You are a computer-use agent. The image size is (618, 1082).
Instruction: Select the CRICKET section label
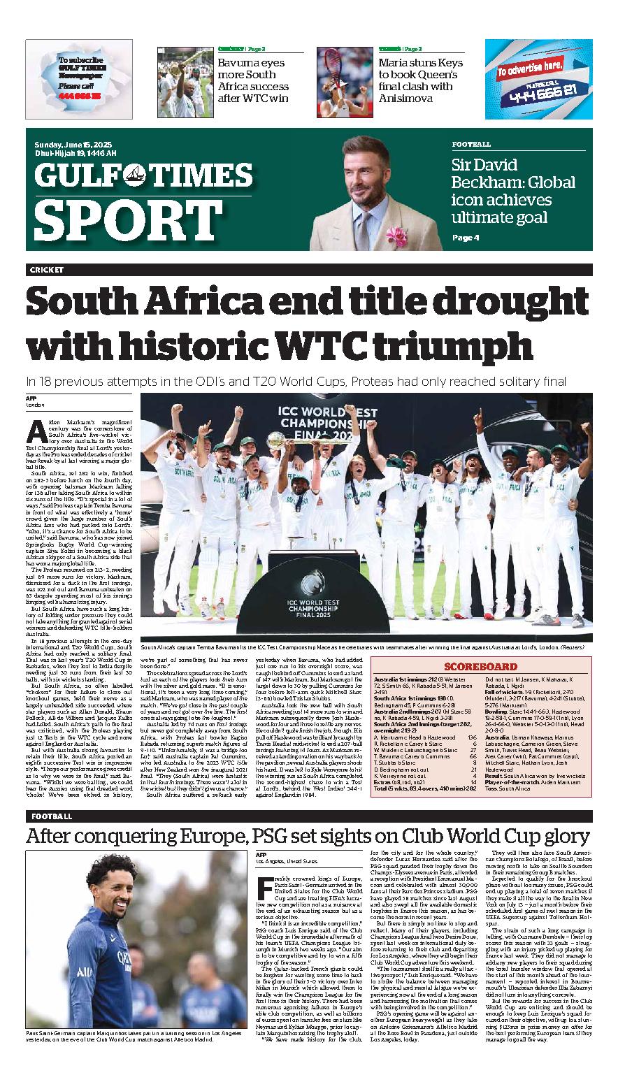point(47,270)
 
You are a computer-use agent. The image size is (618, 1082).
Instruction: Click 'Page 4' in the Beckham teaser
point(466,238)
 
